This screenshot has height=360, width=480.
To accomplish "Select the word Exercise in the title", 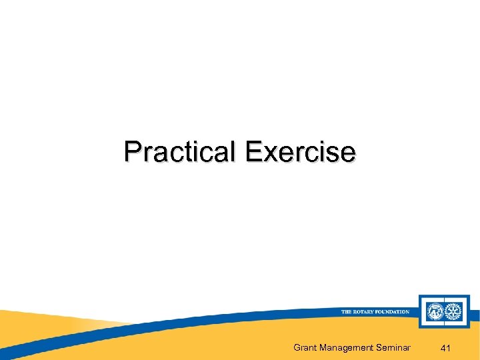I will click(300, 152).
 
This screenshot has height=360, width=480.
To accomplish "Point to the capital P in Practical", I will click(131, 152).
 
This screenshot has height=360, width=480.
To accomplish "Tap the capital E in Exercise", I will click(252, 152).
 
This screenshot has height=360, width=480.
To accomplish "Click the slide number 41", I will click(446, 347).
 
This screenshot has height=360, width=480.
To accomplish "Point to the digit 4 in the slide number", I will click(443, 347).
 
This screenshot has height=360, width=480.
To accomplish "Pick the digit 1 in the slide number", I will click(450, 347).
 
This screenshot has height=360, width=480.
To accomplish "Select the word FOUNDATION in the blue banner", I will click(393, 312).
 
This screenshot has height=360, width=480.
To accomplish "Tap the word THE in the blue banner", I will click(347, 312).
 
